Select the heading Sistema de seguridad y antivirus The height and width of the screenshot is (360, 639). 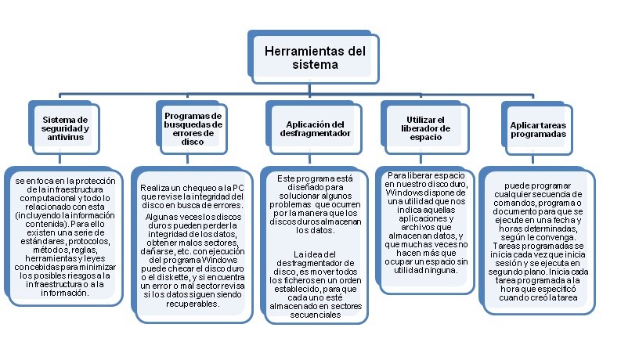point(65,128)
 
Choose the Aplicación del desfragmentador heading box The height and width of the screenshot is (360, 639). point(314,128)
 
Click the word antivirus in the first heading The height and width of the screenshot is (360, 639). point(65,138)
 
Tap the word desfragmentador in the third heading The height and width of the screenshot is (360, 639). point(314,133)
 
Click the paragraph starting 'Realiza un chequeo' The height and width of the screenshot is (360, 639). point(193,196)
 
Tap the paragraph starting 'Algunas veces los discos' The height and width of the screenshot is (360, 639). point(193,258)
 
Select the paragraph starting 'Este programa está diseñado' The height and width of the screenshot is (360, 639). point(314,205)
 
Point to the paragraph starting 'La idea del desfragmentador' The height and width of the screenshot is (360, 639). point(314,286)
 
